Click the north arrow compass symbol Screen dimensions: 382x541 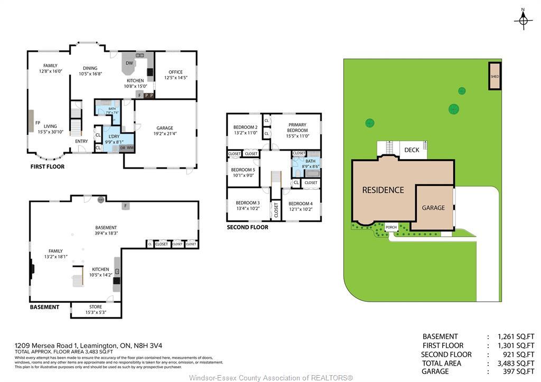pyautogui.click(x=523, y=19)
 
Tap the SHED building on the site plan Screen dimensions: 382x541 pyautogui.click(x=495, y=77)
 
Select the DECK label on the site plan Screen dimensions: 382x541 pyautogui.click(x=412, y=150)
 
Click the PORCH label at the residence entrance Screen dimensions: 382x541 pyautogui.click(x=391, y=228)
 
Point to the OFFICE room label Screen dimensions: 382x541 pyautogui.click(x=175, y=72)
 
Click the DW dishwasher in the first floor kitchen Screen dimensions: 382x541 pyautogui.click(x=129, y=63)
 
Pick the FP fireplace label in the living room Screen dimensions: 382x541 pyautogui.click(x=38, y=123)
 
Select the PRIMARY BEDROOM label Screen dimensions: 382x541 pyautogui.click(x=297, y=127)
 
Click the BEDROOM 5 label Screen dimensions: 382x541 pyautogui.click(x=243, y=170)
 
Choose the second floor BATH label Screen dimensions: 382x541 pyautogui.click(x=310, y=161)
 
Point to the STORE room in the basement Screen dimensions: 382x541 pyautogui.click(x=96, y=306)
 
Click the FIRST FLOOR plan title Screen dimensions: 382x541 pyautogui.click(x=47, y=167)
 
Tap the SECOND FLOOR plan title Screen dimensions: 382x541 pyautogui.click(x=247, y=227)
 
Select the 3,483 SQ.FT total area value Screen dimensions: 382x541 pyautogui.click(x=516, y=363)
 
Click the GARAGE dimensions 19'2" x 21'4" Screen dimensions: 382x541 pyautogui.click(x=165, y=134)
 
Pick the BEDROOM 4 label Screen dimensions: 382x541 pyautogui.click(x=300, y=203)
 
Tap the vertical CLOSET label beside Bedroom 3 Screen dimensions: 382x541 pyautogui.click(x=276, y=210)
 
